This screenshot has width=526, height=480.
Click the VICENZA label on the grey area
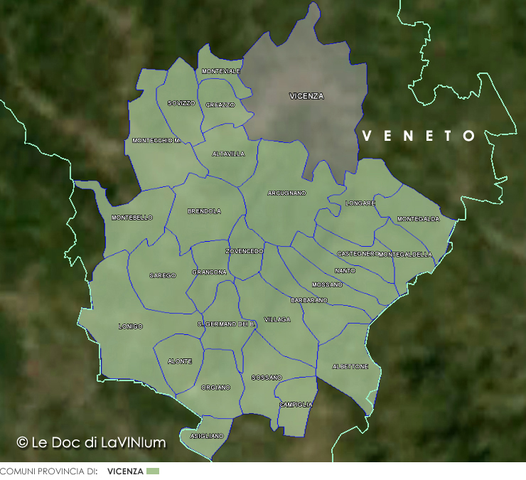[x=306, y=96]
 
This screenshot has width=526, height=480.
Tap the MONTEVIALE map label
[x=221, y=72]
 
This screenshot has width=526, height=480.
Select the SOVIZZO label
[x=181, y=103]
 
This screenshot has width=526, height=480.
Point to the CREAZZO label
[x=220, y=105]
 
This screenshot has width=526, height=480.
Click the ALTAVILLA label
[x=228, y=154]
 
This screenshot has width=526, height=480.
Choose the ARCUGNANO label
[x=286, y=193]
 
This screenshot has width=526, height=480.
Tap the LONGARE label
[x=360, y=203]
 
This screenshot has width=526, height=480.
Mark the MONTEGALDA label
[x=418, y=219]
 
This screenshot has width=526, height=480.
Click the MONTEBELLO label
[x=132, y=218]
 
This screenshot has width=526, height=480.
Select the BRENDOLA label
[x=204, y=211]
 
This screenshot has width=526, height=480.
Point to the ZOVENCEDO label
[x=245, y=251]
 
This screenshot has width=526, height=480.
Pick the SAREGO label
[x=162, y=275]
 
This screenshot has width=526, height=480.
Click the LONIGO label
[x=130, y=326]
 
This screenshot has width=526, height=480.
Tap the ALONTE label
[x=180, y=361]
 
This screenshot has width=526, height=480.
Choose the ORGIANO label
[x=215, y=388]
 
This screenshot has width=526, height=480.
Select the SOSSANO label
[x=267, y=378]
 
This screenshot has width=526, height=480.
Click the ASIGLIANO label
[x=207, y=436]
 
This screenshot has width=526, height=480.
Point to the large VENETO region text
[x=419, y=136]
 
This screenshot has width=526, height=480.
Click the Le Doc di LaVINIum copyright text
[x=91, y=442]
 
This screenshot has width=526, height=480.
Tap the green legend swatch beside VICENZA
[x=152, y=471]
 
